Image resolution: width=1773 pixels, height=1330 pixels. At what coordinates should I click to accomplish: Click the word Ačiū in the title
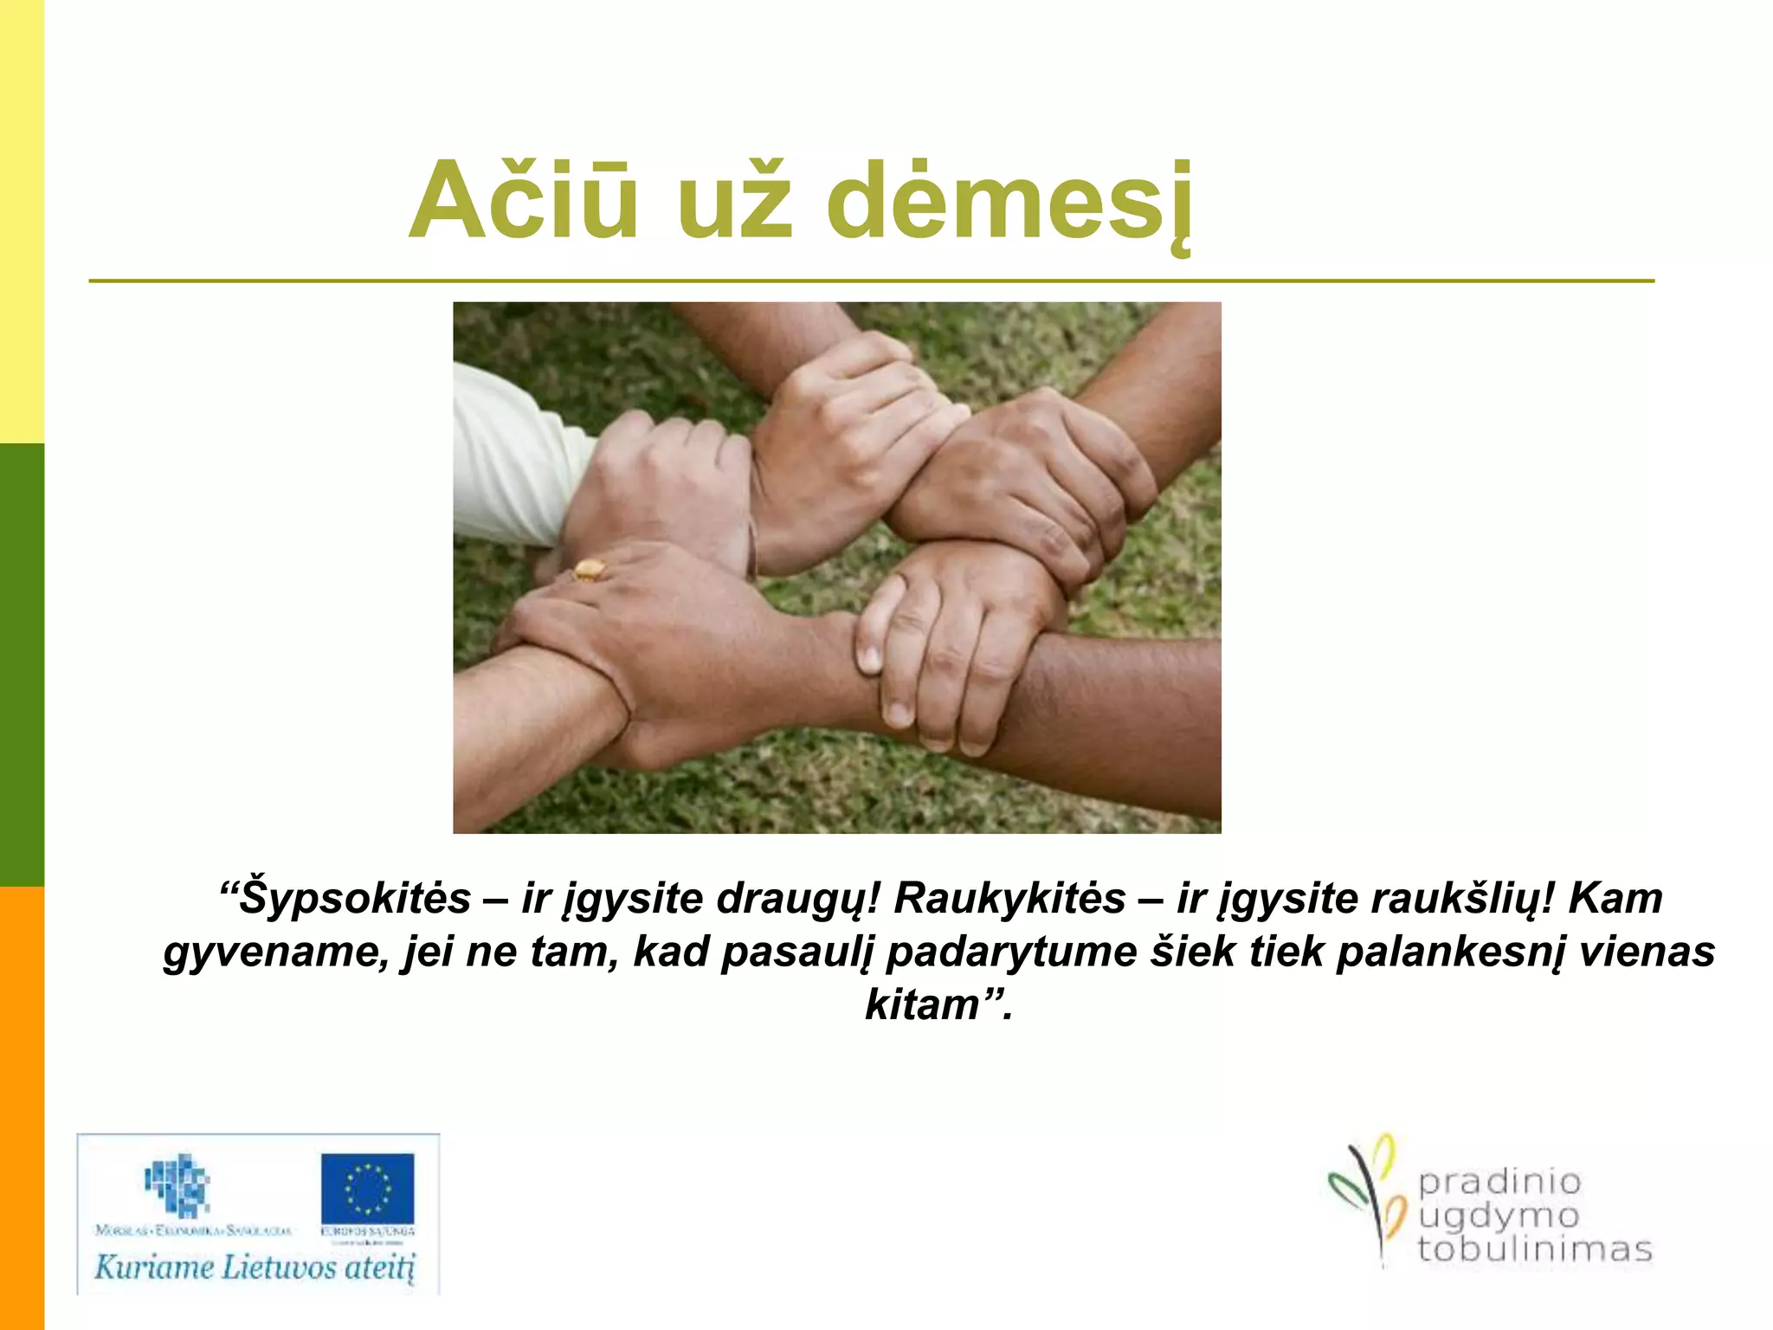[524, 201]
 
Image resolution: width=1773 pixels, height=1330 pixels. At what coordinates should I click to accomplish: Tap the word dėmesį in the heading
[1009, 203]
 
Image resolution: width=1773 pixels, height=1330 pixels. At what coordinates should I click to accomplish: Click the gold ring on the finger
[589, 570]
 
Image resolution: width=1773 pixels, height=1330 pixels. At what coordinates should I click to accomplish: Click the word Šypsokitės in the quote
[355, 899]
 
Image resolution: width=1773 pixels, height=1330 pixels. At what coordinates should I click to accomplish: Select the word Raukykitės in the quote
[1009, 899]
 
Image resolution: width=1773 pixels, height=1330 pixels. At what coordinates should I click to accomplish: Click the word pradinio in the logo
[1499, 1181]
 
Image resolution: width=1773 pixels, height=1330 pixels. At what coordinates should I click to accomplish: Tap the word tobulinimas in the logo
[1534, 1249]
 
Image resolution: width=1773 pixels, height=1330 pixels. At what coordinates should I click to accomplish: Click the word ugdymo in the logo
[1498, 1217]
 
